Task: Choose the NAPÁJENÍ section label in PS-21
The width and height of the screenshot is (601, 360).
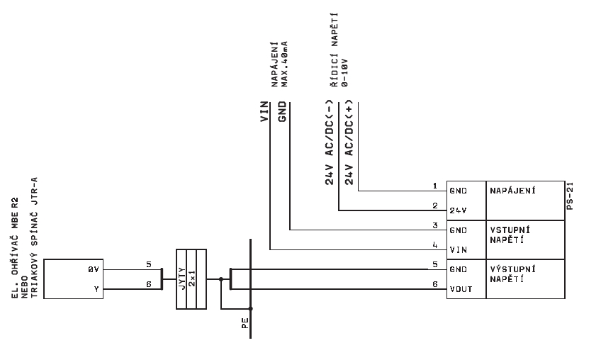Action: point(512,191)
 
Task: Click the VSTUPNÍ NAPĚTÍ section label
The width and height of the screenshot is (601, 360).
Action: point(511,235)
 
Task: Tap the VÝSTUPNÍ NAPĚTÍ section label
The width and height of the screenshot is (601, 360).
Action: point(511,274)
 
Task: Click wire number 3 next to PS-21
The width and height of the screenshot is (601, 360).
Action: point(435,225)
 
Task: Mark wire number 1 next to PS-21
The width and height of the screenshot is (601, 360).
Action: point(435,186)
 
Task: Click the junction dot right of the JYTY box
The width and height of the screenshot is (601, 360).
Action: point(221,279)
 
